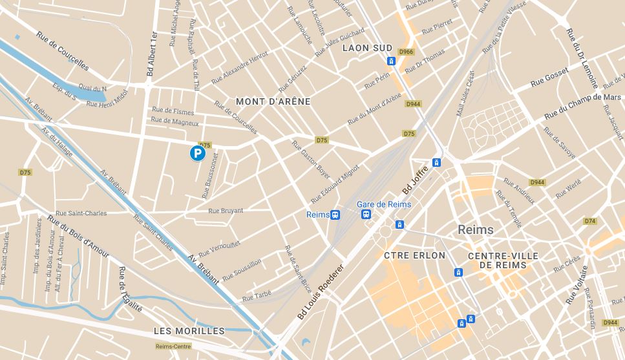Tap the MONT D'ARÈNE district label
(273, 101)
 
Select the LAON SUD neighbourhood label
(367, 48)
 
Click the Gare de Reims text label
(384, 204)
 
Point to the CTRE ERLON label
(414, 255)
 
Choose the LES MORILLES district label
(189, 331)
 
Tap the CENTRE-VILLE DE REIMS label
(503, 261)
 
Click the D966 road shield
(406, 52)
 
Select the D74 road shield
(589, 221)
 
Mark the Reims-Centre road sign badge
(173, 346)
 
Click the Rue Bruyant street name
(226, 211)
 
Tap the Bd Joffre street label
(416, 180)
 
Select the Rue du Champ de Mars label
(582, 106)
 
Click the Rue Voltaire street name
(577, 285)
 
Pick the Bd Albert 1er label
(152, 54)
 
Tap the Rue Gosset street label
(549, 77)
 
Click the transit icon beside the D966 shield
(391, 61)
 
